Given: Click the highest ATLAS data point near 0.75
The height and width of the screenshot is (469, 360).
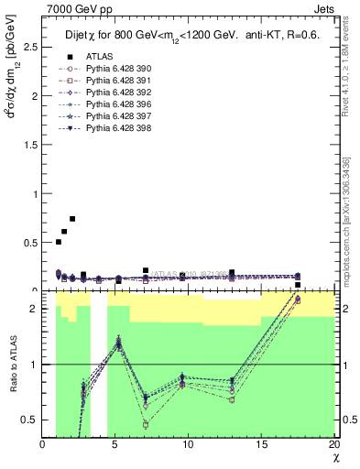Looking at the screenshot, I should [72, 219].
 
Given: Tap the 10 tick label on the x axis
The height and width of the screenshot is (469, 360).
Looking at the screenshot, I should [188, 444].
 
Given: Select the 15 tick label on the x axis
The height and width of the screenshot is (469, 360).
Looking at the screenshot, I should [261, 444].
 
